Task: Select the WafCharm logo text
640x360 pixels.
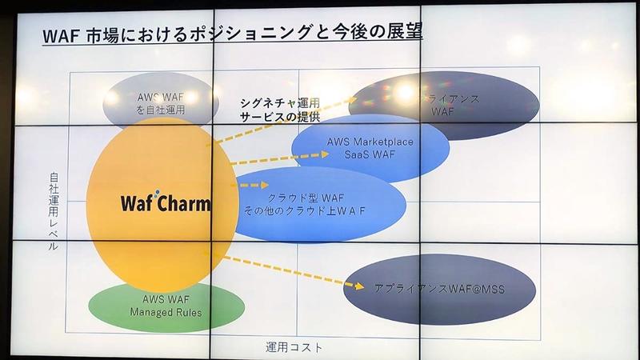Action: coord(166,202)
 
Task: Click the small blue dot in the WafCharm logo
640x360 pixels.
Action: coord(157,192)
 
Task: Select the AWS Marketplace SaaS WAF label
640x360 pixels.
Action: coord(370,148)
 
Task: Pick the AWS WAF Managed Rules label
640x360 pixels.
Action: coord(166,306)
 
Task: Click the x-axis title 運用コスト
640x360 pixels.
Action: coord(298,347)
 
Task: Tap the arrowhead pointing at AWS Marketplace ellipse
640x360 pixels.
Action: coord(324,154)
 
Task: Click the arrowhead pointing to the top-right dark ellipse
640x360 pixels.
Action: coord(356,99)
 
